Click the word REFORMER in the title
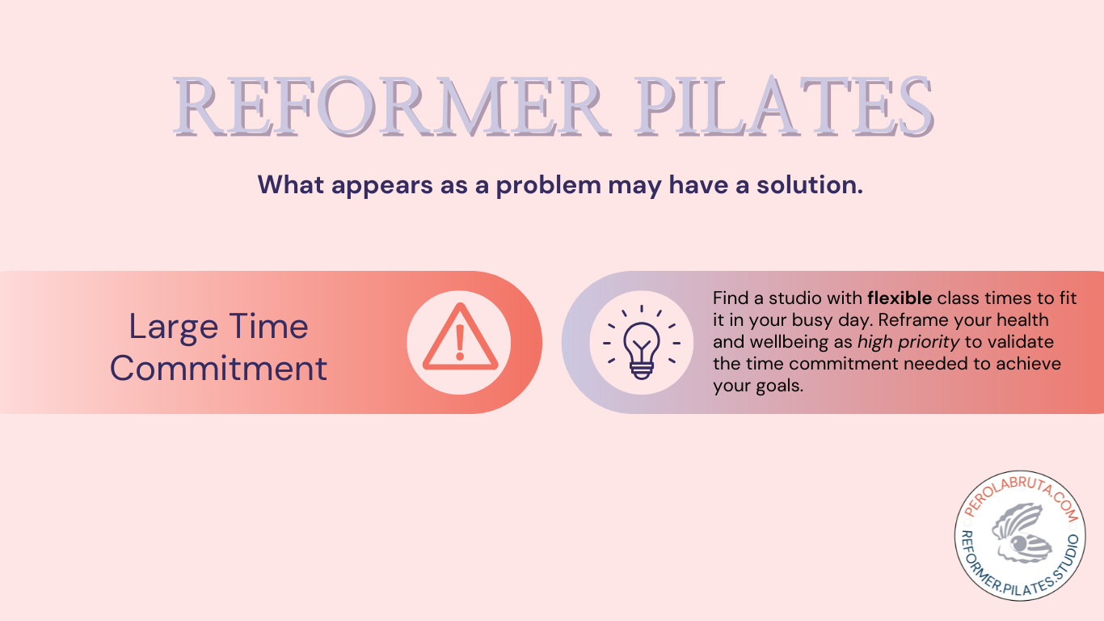tap(390, 107)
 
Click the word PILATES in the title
tap(784, 107)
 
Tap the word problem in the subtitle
tap(549, 185)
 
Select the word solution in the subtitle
tap(810, 184)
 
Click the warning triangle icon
tap(460, 337)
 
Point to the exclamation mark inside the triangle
tap(460, 342)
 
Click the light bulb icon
tap(641, 342)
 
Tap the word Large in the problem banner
tap(174, 327)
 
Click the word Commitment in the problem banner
tap(218, 368)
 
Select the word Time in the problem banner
tap(268, 326)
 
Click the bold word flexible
tap(900, 298)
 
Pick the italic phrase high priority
tap(908, 342)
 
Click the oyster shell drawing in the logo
tap(1020, 533)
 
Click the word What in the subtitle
tap(291, 184)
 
